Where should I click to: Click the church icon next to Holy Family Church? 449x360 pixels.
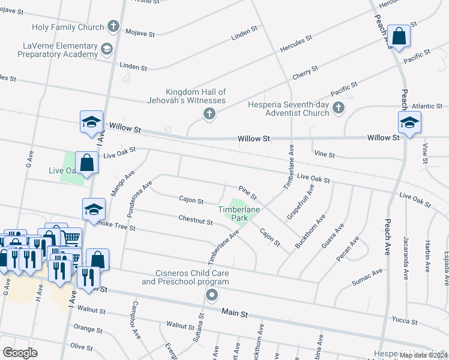113,26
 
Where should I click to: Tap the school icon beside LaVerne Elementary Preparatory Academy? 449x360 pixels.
107,49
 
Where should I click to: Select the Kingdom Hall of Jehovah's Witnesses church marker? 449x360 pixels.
209,114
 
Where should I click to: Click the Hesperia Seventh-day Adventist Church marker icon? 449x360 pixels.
339,108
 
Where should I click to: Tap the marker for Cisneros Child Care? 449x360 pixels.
211,295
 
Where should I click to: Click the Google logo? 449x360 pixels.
20,353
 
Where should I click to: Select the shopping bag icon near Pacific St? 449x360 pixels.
399,36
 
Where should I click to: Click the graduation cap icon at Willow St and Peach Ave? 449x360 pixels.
409,123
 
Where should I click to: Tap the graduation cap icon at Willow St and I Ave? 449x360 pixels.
91,122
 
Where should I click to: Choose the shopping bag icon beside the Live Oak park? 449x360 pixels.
86,163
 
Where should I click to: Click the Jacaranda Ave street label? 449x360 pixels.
406,251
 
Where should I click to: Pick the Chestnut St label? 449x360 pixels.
196,221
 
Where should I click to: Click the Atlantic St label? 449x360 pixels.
427,106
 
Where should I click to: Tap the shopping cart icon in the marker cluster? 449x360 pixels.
72,238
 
